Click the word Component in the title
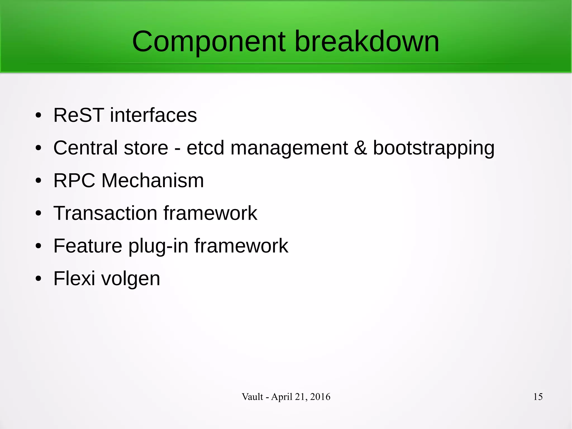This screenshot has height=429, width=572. coord(209,42)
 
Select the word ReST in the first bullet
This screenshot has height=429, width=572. coord(78,115)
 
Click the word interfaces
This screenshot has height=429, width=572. coord(153,115)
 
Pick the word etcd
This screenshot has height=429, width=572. coord(205,148)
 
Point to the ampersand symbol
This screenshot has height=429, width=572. coord(360,148)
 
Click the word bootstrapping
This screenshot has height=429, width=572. coord(433,148)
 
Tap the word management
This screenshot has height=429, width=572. coord(289,148)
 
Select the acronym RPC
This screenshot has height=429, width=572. coord(74,181)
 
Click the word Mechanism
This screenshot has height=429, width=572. coord(152,181)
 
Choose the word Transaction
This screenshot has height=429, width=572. coord(105,213)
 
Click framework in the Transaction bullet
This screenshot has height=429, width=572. coord(210,213)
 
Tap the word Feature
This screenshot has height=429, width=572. coord(88,246)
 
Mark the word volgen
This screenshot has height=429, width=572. coord(130,279)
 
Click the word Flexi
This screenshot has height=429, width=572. coord(74,278)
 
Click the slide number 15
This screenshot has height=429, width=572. coord(538,397)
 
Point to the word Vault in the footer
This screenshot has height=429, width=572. coord(252,397)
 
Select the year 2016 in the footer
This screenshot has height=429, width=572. coord(320,397)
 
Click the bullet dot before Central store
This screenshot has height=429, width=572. coord(39,148)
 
